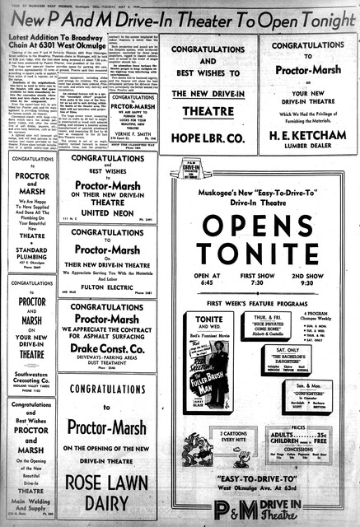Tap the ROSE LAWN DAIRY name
pos(108,491)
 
